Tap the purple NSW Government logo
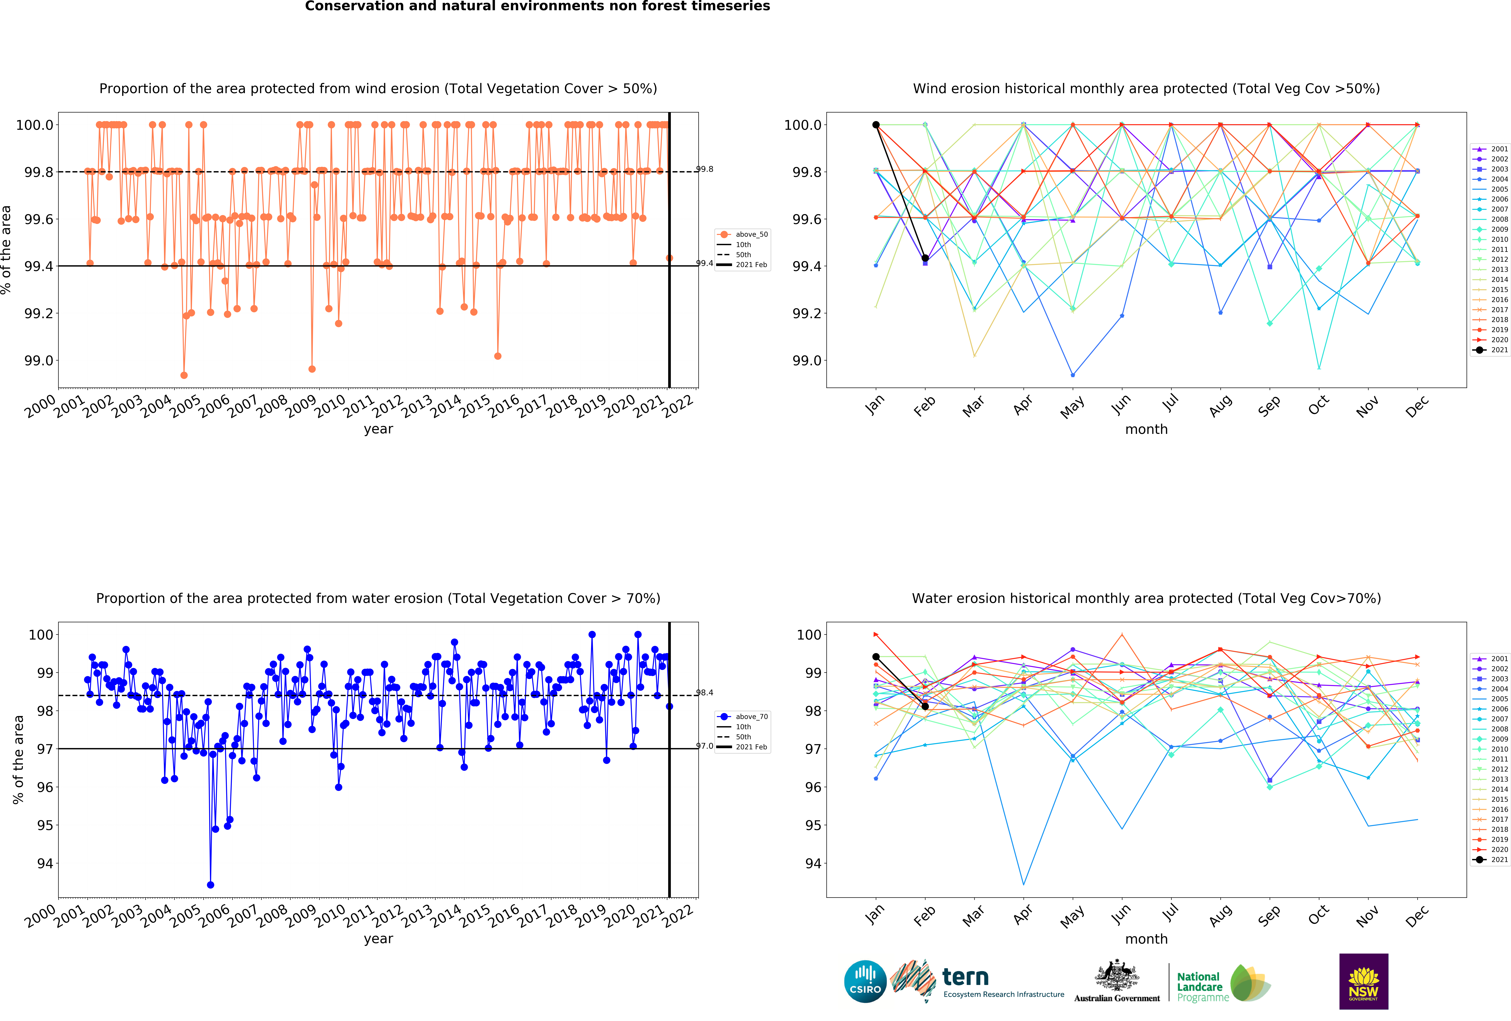(x=1363, y=981)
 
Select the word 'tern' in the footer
(x=965, y=977)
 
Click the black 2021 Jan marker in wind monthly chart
(x=876, y=125)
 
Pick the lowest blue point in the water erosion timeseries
(x=210, y=885)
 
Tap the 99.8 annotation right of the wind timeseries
(x=705, y=169)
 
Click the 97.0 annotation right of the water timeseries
(x=705, y=746)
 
